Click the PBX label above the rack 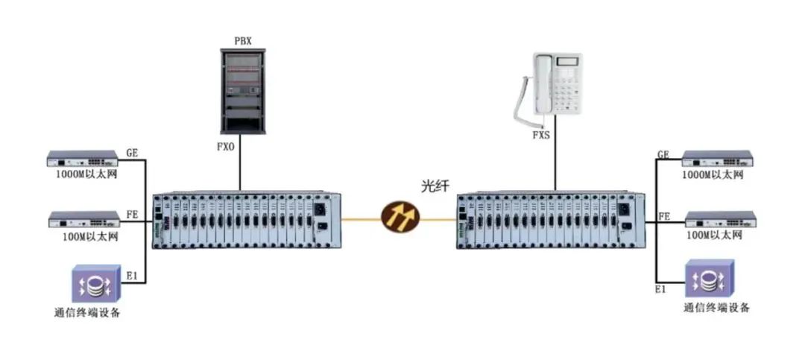coord(243,42)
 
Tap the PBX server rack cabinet coord(243,92)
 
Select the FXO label coord(225,147)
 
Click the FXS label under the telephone coord(540,136)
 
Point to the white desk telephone coord(549,85)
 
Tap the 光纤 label coord(435,186)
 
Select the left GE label coord(132,153)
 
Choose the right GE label coord(663,154)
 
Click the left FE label coord(132,214)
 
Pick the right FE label coord(664,216)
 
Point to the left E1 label coord(132,276)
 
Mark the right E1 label coord(660,290)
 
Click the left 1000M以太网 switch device coord(83,158)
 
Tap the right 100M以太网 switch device coord(720,219)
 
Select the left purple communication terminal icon coord(96,283)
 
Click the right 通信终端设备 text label coord(716,308)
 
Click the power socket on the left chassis coord(320,209)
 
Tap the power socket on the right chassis coord(625,209)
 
